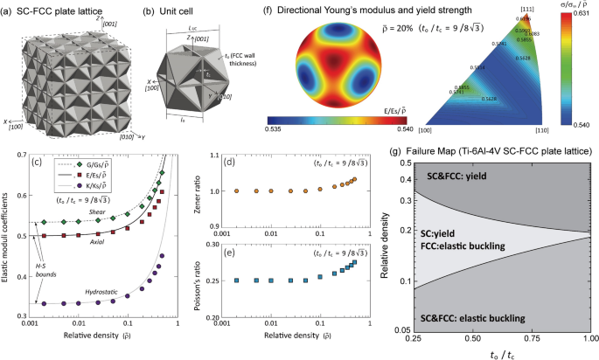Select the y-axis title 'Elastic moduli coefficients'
point(8,238)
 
